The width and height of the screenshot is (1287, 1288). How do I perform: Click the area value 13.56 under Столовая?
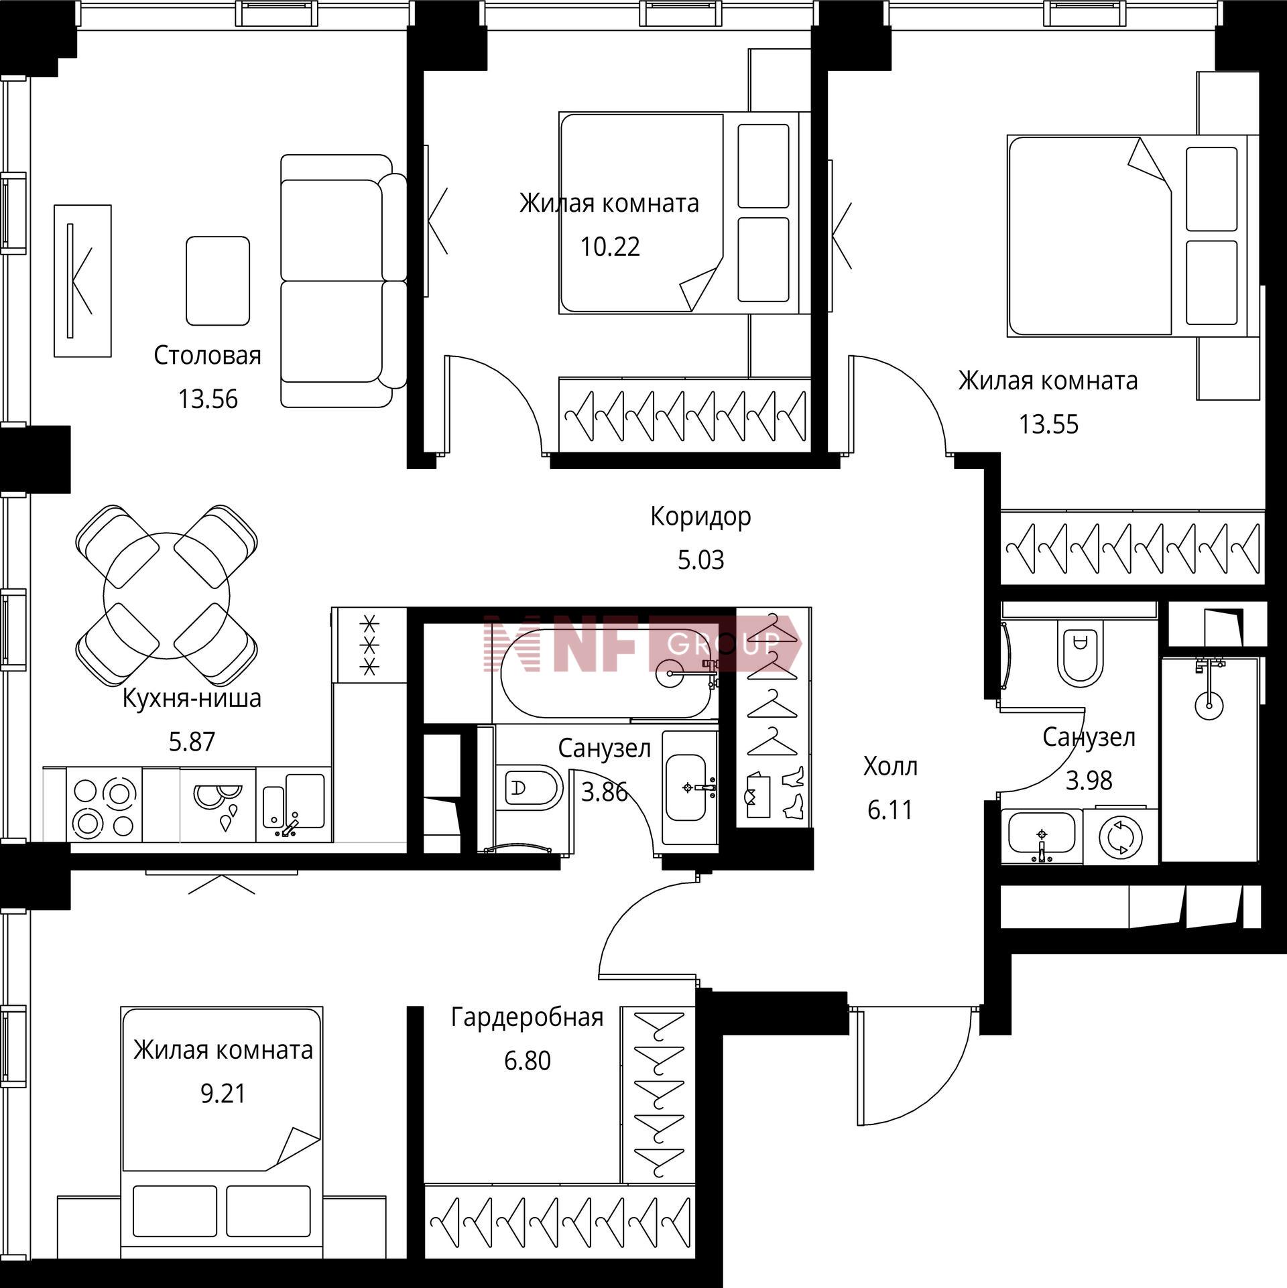tap(208, 399)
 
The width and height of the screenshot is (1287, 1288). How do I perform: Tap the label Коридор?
tap(700, 517)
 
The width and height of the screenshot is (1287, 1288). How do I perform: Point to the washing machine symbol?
tap(1120, 838)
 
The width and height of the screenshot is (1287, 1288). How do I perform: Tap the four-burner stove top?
tap(104, 805)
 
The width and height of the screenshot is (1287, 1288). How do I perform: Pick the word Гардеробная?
tap(528, 1017)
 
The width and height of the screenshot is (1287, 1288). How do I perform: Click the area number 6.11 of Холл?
tap(890, 811)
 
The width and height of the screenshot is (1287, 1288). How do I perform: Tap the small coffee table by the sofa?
tap(218, 281)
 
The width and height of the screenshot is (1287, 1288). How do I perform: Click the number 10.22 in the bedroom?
tap(610, 247)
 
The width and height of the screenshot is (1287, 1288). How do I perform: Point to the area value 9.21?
tap(223, 1094)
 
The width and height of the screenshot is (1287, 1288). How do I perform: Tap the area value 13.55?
tap(1049, 425)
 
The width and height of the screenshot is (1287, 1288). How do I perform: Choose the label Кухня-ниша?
tap(192, 699)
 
